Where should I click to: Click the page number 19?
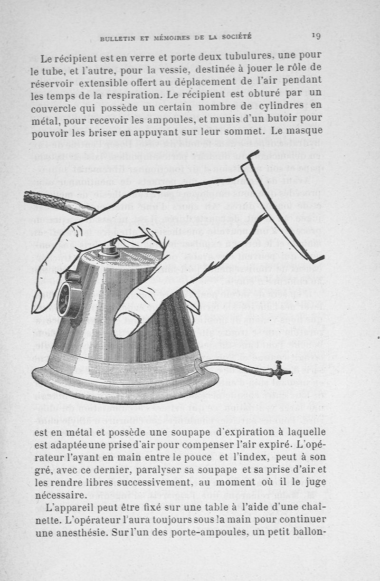(316, 35)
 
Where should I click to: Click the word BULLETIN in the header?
(119, 38)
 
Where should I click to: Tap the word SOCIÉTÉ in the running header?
(234, 37)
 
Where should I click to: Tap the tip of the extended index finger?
(37, 304)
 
